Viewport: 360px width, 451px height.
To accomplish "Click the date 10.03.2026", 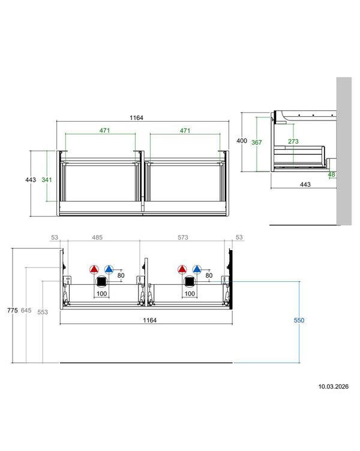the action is click(x=333, y=387).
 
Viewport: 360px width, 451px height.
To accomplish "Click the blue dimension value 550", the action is click(x=299, y=320).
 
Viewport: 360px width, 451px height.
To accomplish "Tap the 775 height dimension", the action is click(x=13, y=310).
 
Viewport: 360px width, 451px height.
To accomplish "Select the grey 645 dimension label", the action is click(x=26, y=310).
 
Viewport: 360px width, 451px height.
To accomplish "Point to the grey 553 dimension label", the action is click(x=43, y=312).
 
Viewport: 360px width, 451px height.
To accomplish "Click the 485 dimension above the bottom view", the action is click(x=97, y=237).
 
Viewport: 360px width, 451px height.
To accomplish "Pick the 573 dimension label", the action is click(x=183, y=237).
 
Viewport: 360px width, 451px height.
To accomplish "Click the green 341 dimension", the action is click(x=47, y=180).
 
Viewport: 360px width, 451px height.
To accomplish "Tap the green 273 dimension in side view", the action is click(x=293, y=141).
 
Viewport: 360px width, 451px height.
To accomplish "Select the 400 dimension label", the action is click(x=242, y=141).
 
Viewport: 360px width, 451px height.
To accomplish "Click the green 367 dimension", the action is click(x=257, y=142).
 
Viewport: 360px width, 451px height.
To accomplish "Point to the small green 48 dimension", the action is click(x=332, y=175).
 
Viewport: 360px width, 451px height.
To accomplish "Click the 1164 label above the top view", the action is click(x=136, y=118).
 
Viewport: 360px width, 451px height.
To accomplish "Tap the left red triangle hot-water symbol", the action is click(x=94, y=269).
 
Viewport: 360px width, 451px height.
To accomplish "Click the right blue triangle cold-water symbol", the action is click(x=197, y=269).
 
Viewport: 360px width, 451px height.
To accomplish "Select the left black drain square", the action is click(x=101, y=282).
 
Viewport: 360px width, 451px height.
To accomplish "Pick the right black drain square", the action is click(x=190, y=282).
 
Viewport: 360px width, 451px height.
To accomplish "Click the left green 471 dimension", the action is click(x=105, y=130).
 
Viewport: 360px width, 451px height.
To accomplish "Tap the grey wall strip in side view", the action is click(x=344, y=151).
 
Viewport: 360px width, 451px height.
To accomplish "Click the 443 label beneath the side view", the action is click(x=305, y=184).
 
